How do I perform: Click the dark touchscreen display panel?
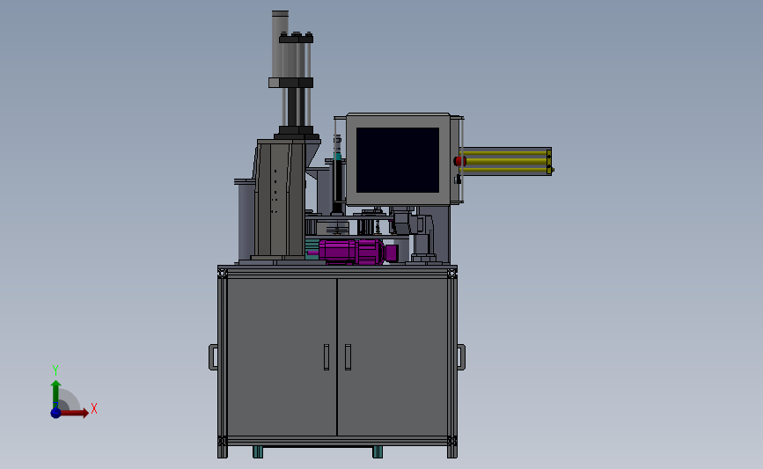(398, 160)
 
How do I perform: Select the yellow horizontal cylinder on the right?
(504, 162)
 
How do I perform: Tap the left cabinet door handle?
(326, 356)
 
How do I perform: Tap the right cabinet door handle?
(348, 356)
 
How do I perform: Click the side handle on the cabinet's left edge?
(213, 356)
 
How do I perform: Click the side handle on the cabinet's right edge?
(461, 356)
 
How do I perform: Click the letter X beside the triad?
(93, 408)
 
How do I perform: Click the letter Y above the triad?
(55, 370)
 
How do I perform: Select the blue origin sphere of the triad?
(55, 412)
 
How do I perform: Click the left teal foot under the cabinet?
(258, 451)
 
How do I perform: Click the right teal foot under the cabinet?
(377, 451)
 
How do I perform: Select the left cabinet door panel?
(282, 356)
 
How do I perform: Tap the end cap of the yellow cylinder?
(549, 162)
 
